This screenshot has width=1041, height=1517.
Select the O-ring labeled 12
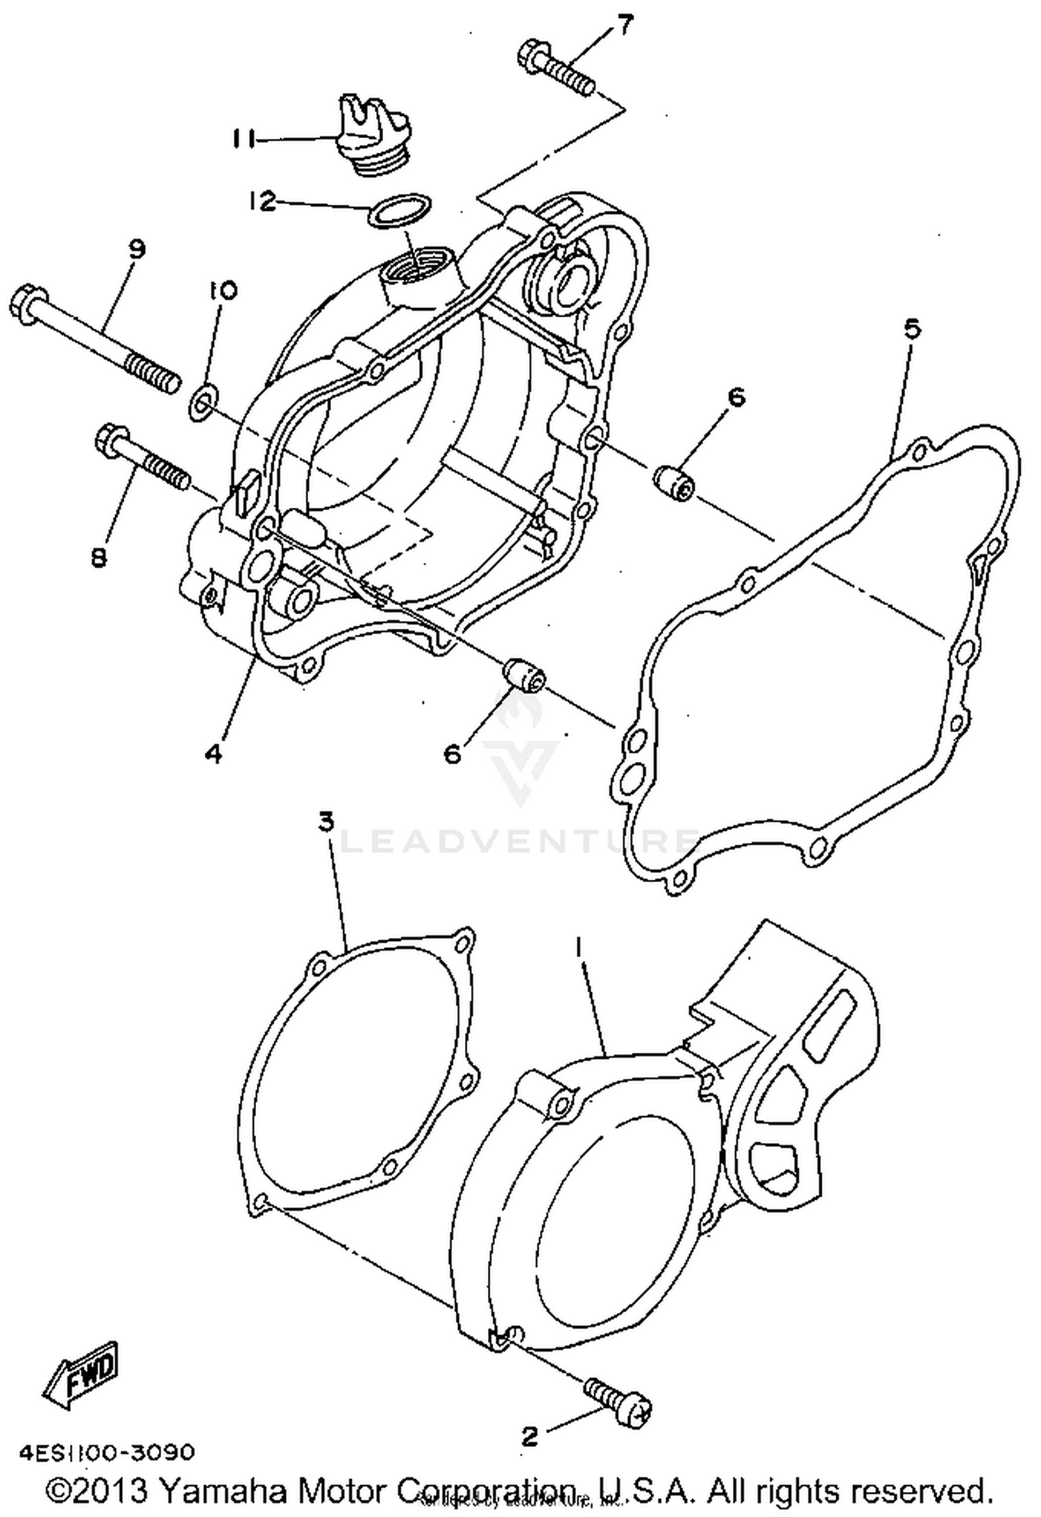tap(398, 210)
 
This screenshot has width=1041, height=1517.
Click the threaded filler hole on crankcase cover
tap(415, 267)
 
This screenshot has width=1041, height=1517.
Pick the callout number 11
tap(242, 139)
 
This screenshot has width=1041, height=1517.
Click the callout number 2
tap(529, 1437)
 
